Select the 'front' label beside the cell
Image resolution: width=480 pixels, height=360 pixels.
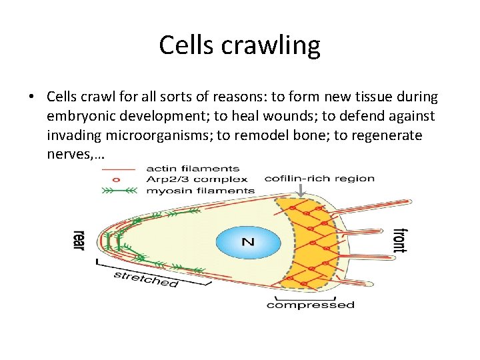coord(399,240)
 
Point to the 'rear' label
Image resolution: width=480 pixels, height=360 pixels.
coord(79,240)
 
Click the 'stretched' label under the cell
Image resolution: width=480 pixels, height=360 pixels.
coord(146,279)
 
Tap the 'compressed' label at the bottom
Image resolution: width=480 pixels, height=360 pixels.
coord(311,305)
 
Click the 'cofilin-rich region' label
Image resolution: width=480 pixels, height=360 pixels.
coord(319,178)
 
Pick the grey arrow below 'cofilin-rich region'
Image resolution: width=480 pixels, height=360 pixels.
coord(301,191)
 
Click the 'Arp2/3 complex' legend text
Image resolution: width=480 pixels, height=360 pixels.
coord(197,179)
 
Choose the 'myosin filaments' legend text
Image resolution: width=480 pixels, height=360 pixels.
coord(199,190)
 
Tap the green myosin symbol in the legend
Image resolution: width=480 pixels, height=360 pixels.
coord(118,190)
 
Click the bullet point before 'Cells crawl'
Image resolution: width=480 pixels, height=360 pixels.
coord(31,97)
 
